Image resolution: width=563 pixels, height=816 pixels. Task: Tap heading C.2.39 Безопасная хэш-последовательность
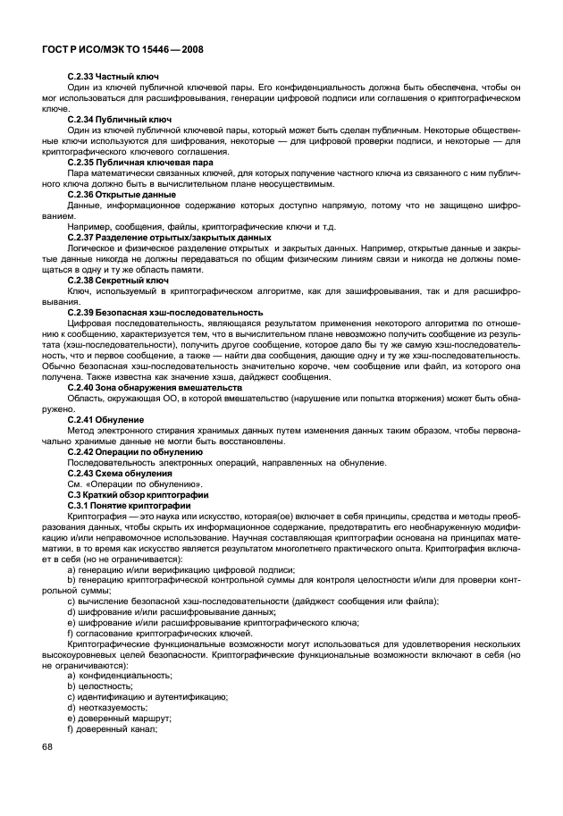[165, 312]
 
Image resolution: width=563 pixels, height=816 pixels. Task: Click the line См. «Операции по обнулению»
[130, 484]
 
